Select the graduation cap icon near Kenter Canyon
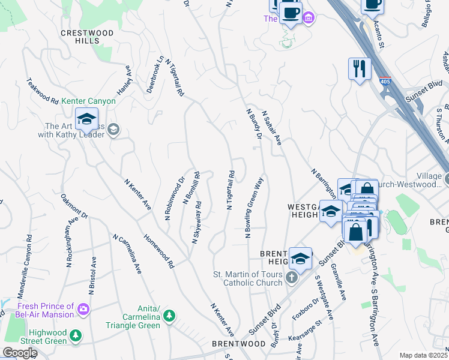(x=86, y=120)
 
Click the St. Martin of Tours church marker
(x=291, y=278)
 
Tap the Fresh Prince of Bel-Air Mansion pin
(x=83, y=310)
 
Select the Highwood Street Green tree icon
(x=75, y=336)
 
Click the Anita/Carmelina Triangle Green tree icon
(x=169, y=316)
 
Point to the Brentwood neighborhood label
(x=238, y=344)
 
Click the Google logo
(x=19, y=353)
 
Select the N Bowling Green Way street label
(x=254, y=207)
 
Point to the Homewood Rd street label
(x=159, y=251)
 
